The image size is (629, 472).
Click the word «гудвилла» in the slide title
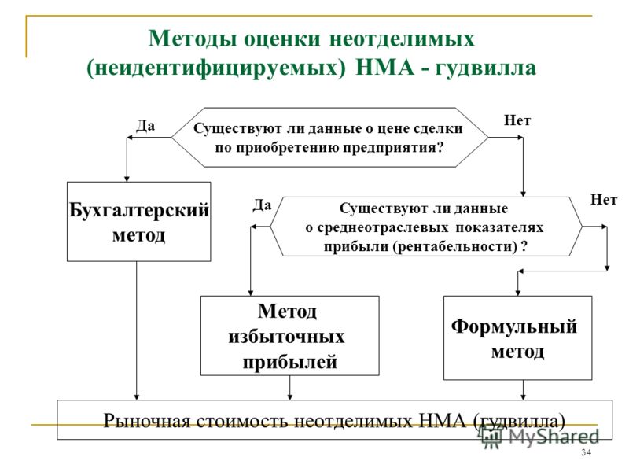pyautogui.click(x=486, y=68)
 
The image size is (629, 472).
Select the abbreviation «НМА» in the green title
pyautogui.click(x=384, y=67)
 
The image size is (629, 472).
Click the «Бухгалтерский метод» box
pyautogui.click(x=139, y=222)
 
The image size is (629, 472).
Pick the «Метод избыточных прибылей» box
pyautogui.click(x=289, y=336)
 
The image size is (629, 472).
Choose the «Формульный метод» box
pyautogui.click(x=517, y=337)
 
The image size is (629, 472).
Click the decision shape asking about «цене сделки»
pyautogui.click(x=329, y=137)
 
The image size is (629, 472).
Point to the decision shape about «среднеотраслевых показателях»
pyautogui.click(x=426, y=227)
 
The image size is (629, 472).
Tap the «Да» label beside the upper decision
pyautogui.click(x=145, y=126)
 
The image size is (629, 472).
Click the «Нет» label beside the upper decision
pyautogui.click(x=517, y=120)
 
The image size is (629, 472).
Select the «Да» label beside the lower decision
pyautogui.click(x=262, y=205)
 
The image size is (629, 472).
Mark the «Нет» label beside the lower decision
pyautogui.click(x=603, y=200)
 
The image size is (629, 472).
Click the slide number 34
pyautogui.click(x=586, y=453)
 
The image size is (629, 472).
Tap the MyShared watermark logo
pyautogui.click(x=540, y=437)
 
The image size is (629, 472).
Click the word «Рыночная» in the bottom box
pyautogui.click(x=147, y=421)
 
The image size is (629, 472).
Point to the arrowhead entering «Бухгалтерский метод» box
pyautogui.click(x=127, y=179)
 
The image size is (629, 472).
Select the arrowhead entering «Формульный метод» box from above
pyautogui.click(x=518, y=293)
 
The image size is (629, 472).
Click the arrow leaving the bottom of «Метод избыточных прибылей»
pyautogui.click(x=290, y=388)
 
